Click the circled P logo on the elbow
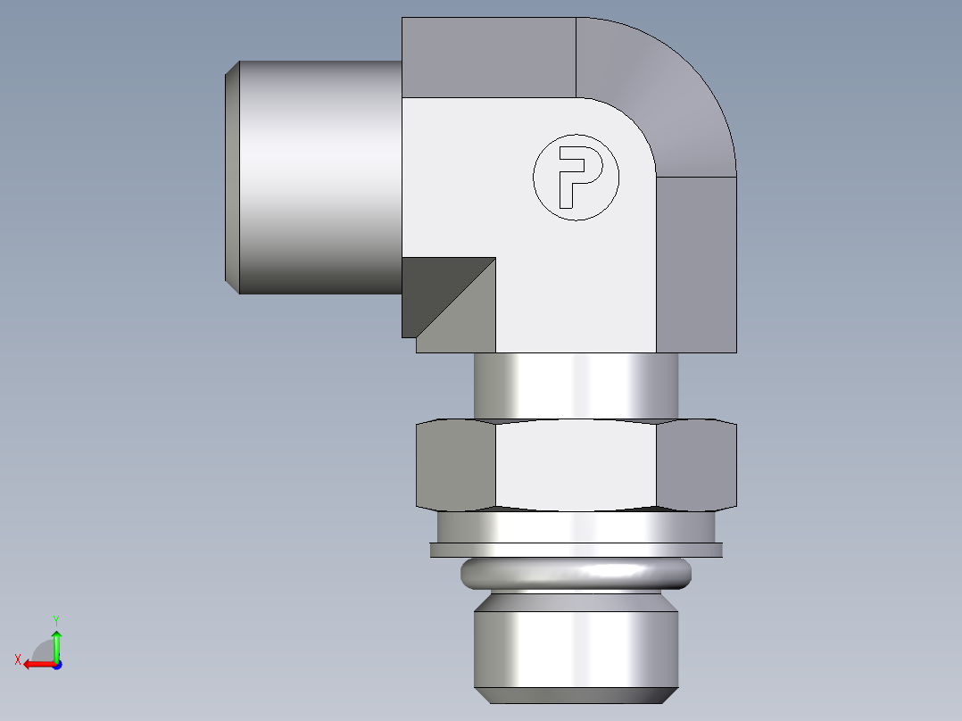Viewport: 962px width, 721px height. click(x=576, y=177)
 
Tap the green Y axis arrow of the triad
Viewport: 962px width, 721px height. click(x=56, y=641)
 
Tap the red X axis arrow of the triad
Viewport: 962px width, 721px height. click(x=36, y=664)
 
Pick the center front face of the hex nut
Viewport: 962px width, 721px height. click(x=576, y=464)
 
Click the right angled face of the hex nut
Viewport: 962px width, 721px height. click(x=697, y=464)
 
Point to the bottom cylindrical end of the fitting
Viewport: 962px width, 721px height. click(x=576, y=647)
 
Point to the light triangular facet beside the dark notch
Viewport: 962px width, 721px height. click(x=469, y=317)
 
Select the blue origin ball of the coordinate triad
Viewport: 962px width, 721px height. click(x=56, y=664)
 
